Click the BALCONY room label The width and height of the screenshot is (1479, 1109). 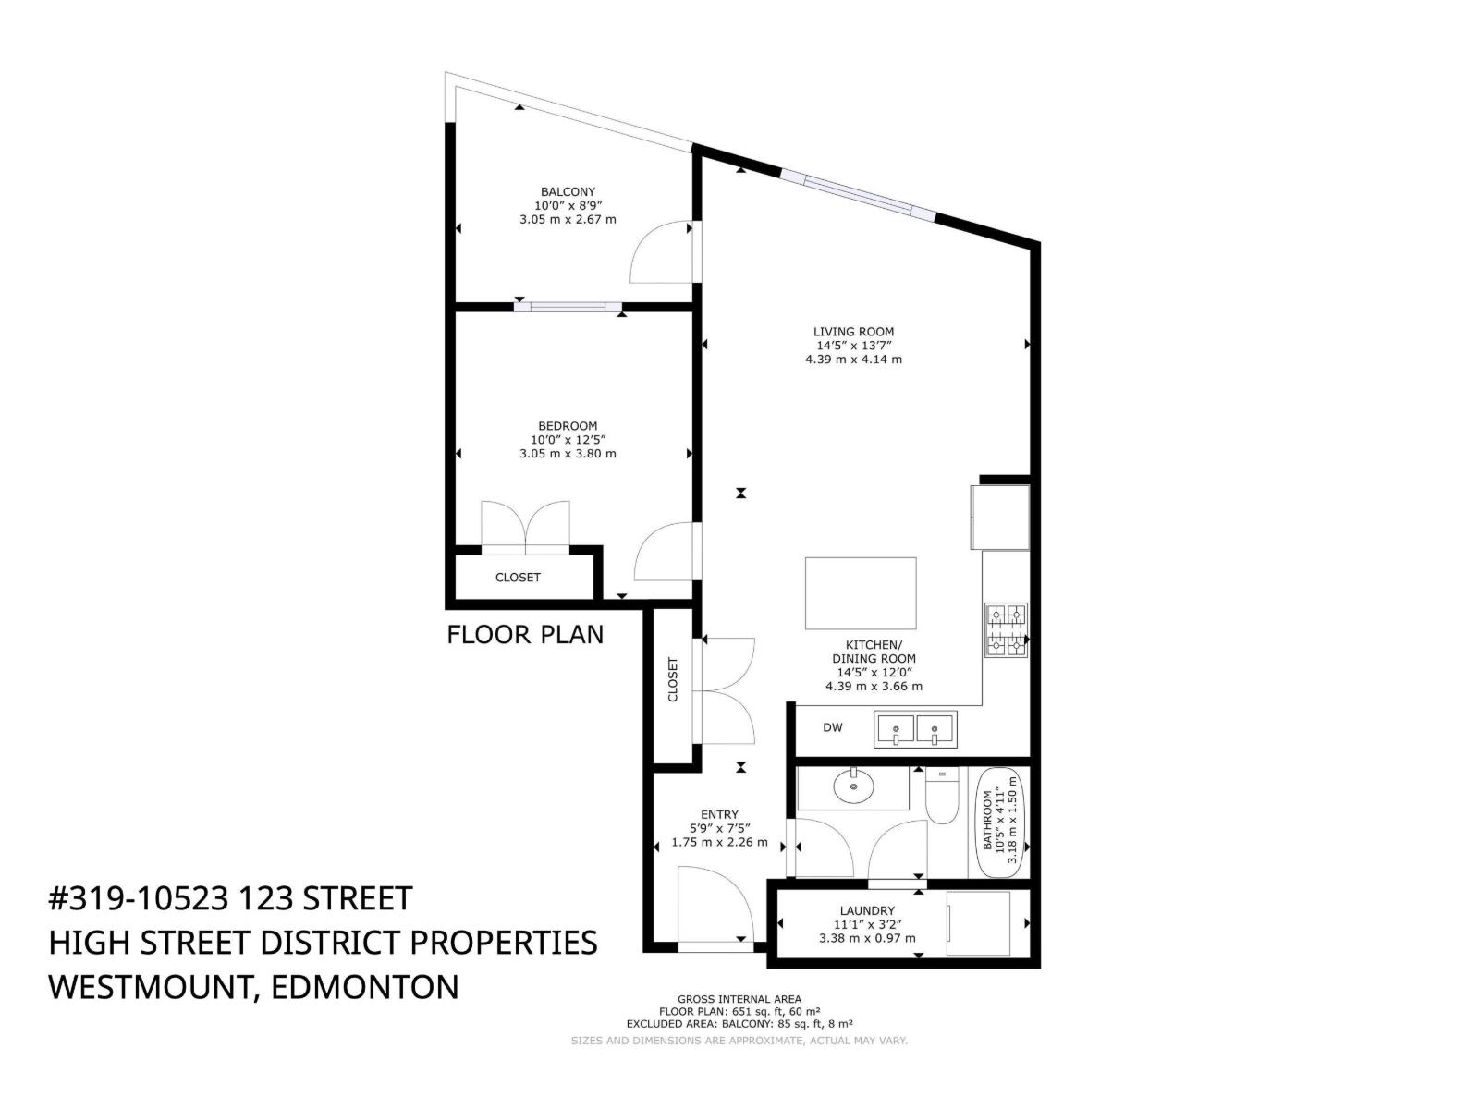[x=568, y=192]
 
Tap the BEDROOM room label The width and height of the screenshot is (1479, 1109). [x=568, y=425]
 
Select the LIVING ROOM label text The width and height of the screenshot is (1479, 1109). [x=853, y=331]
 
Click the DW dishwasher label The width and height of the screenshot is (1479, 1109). [x=833, y=727]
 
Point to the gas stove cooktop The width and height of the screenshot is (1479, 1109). [x=1006, y=629]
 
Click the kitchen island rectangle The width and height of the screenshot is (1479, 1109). [x=861, y=592]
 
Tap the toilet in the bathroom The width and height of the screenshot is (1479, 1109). [x=941, y=795]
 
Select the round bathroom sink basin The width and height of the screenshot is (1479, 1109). [x=854, y=786]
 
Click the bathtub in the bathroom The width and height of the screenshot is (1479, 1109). [x=1000, y=823]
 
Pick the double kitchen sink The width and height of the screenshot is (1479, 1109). [x=915, y=729]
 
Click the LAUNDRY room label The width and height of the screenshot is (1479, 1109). [x=867, y=910]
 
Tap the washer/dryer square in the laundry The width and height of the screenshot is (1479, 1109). [x=978, y=923]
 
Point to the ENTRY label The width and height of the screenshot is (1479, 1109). [x=719, y=814]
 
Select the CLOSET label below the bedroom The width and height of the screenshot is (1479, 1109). [x=518, y=577]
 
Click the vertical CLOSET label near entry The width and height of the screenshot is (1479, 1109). [x=672, y=679]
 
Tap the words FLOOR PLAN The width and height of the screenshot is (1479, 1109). [x=525, y=634]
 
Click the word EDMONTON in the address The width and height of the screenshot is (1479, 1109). [x=365, y=987]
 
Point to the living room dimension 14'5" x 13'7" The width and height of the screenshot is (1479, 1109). [x=854, y=346]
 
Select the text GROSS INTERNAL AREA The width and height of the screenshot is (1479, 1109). [x=739, y=999]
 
